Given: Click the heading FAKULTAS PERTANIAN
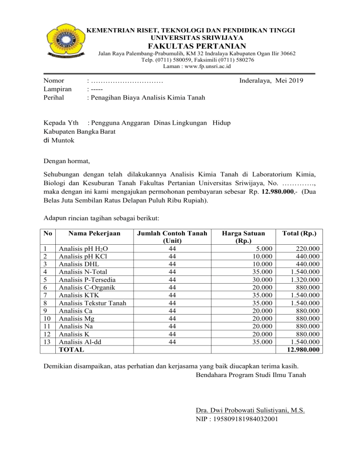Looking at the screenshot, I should [x=197, y=45].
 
